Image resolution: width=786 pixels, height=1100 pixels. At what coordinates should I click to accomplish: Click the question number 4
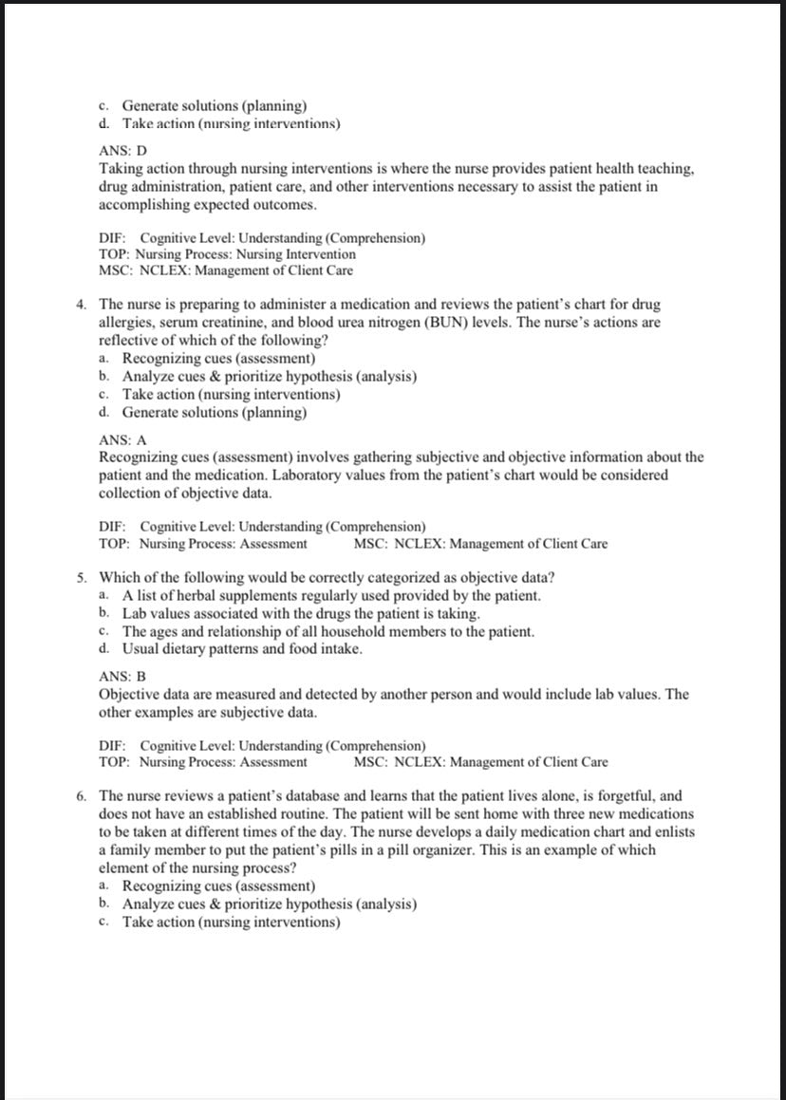pyautogui.click(x=83, y=305)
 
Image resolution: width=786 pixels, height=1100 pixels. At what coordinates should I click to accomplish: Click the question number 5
pyautogui.click(x=83, y=577)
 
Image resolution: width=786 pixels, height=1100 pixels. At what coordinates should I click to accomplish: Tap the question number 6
pyautogui.click(x=83, y=796)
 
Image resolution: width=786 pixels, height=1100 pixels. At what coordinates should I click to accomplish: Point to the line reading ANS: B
pyautogui.click(x=122, y=677)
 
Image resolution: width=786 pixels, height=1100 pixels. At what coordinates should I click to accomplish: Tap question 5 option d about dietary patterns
pyautogui.click(x=242, y=649)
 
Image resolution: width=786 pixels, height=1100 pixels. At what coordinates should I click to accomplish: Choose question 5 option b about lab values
pyautogui.click(x=301, y=613)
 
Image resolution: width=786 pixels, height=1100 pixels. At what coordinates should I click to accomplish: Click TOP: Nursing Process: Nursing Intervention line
pyautogui.click(x=228, y=254)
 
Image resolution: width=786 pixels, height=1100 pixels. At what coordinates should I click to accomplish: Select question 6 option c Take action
pyautogui.click(x=231, y=923)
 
